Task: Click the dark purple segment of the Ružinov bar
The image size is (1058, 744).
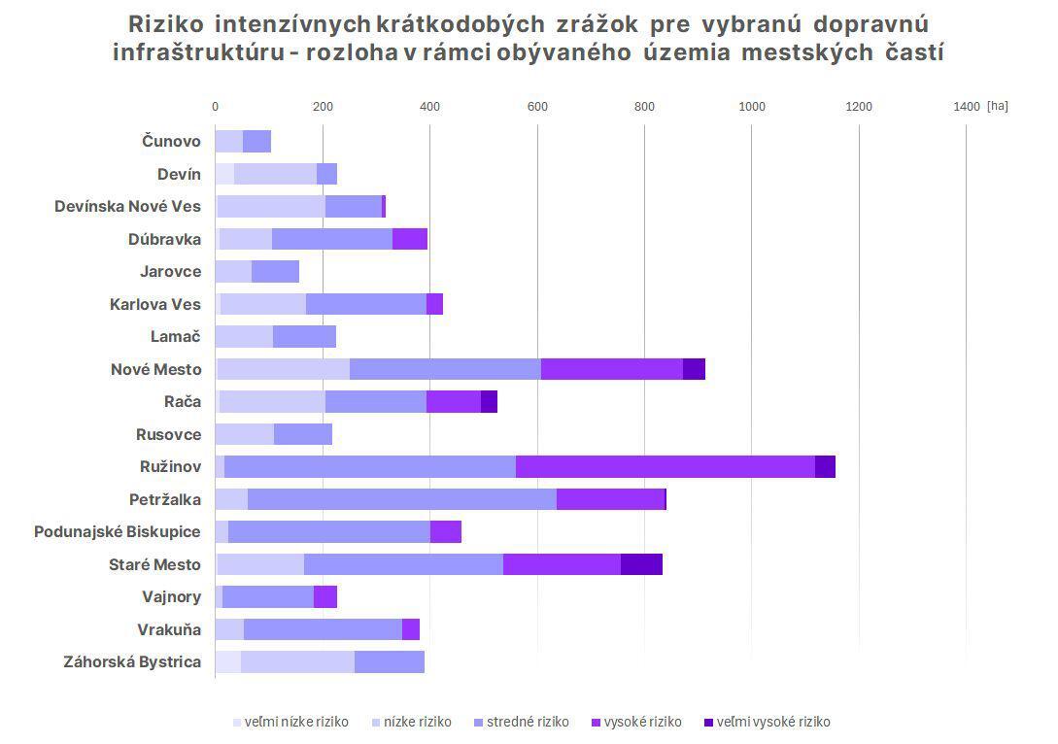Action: [x=825, y=466]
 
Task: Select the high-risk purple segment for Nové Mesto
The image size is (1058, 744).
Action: [x=612, y=369]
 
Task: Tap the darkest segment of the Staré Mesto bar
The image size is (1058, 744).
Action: [x=641, y=564]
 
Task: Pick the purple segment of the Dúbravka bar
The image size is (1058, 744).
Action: [x=410, y=239]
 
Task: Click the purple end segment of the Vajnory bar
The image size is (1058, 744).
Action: [x=325, y=597]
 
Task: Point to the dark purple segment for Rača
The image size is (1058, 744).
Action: [x=489, y=401]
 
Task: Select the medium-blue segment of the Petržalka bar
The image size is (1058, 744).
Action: [x=402, y=499]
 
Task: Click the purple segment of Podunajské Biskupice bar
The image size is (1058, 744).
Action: [x=446, y=532]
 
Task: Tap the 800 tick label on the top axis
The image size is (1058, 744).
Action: [x=644, y=106]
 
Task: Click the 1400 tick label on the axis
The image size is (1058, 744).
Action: [x=967, y=106]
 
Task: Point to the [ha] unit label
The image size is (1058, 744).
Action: [x=998, y=106]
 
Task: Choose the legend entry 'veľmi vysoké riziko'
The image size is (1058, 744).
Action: [x=773, y=722]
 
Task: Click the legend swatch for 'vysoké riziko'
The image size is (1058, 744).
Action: [x=596, y=722]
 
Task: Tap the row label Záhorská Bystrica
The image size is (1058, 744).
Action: [x=132, y=662]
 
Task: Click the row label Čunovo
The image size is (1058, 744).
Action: [x=171, y=141]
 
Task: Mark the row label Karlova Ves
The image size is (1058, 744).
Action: [x=155, y=304]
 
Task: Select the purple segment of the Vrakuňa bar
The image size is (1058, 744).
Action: [x=411, y=629]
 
